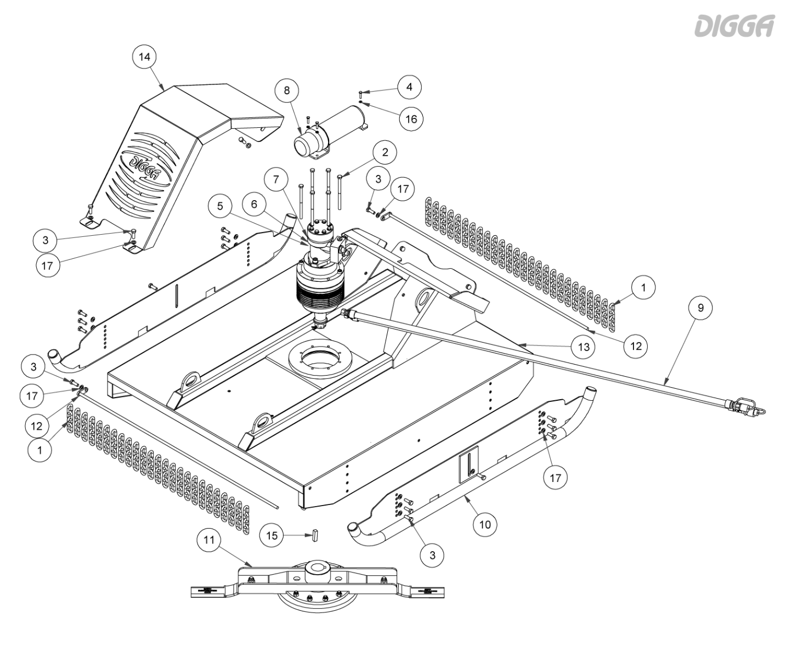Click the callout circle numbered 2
click(385, 153)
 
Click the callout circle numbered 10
click(485, 524)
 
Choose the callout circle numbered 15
click(272, 535)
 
